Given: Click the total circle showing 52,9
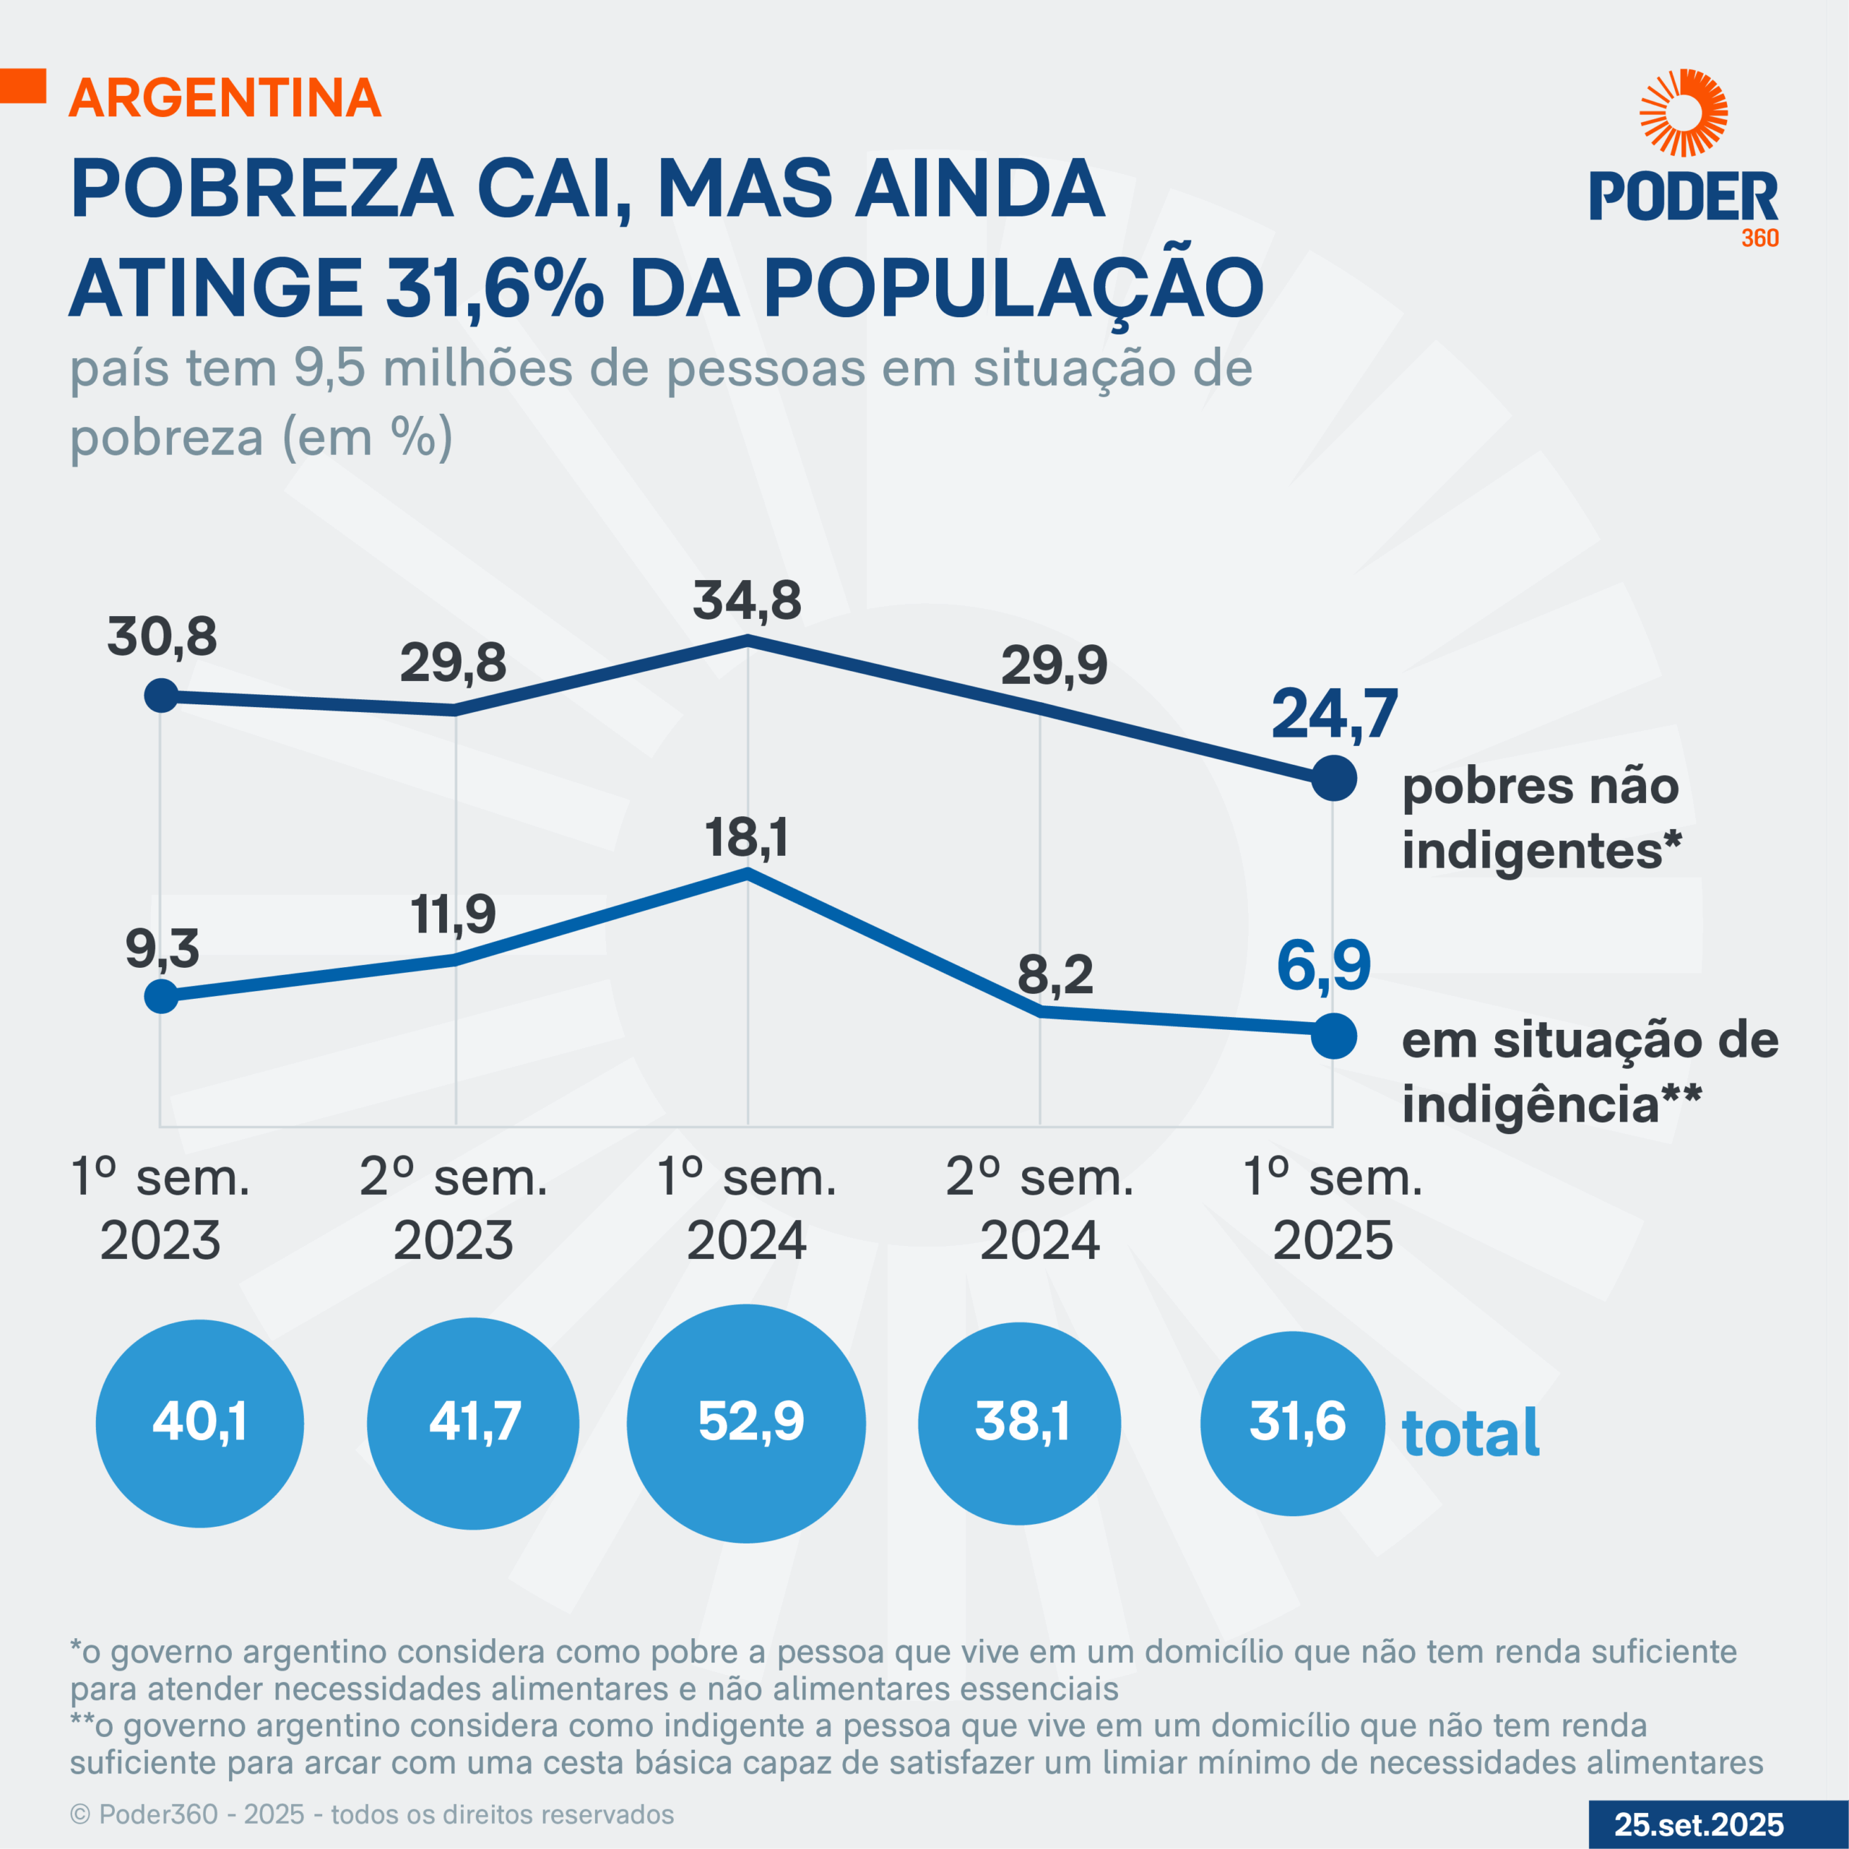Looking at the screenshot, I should click(x=747, y=1423).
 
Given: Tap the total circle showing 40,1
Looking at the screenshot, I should click(x=200, y=1423).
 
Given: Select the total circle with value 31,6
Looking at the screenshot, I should click(x=1293, y=1423).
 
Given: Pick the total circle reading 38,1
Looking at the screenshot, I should click(x=1019, y=1423).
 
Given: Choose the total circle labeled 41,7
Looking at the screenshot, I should click(x=473, y=1423).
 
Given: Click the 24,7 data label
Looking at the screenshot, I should click(x=1334, y=715).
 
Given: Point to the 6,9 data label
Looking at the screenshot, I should click(x=1324, y=966).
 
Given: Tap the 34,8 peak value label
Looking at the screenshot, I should click(x=748, y=601).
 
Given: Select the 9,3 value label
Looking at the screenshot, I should click(x=162, y=948).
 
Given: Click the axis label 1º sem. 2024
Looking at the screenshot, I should click(x=747, y=1209).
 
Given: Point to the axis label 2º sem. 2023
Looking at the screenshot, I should click(x=454, y=1209).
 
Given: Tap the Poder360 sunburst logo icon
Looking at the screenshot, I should click(x=1684, y=112).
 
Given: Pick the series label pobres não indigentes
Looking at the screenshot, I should click(x=1540, y=818).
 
